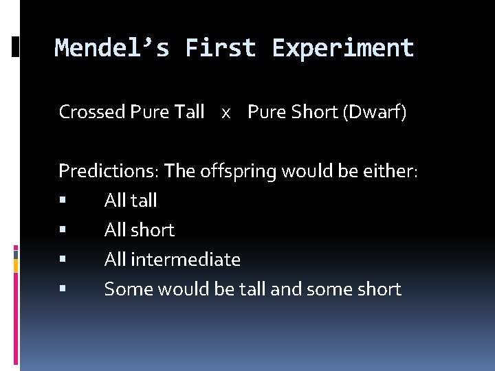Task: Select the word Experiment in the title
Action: pyautogui.click(x=343, y=48)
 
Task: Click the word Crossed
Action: pyautogui.click(x=92, y=111)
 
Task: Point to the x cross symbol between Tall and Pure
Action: pyautogui.click(x=225, y=113)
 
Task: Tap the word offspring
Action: pyautogui.click(x=238, y=172)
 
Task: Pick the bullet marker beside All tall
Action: pyautogui.click(x=62, y=201)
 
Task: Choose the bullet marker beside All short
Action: pyautogui.click(x=62, y=231)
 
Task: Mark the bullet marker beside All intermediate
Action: pyautogui.click(x=62, y=260)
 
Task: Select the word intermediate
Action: pyautogui.click(x=185, y=260)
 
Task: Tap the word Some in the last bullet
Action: pyautogui.click(x=129, y=289)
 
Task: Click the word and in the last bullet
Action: pyautogui.click(x=286, y=289)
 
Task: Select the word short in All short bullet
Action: pyautogui.click(x=153, y=230)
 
